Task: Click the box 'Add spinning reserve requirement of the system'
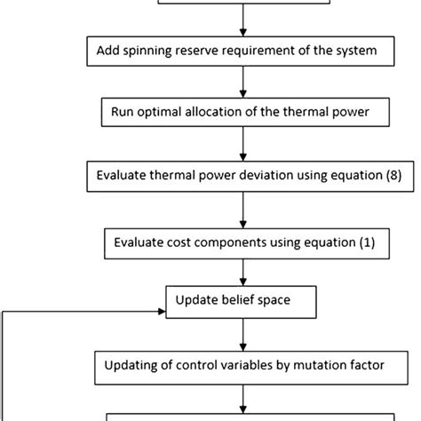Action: (242, 51)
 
